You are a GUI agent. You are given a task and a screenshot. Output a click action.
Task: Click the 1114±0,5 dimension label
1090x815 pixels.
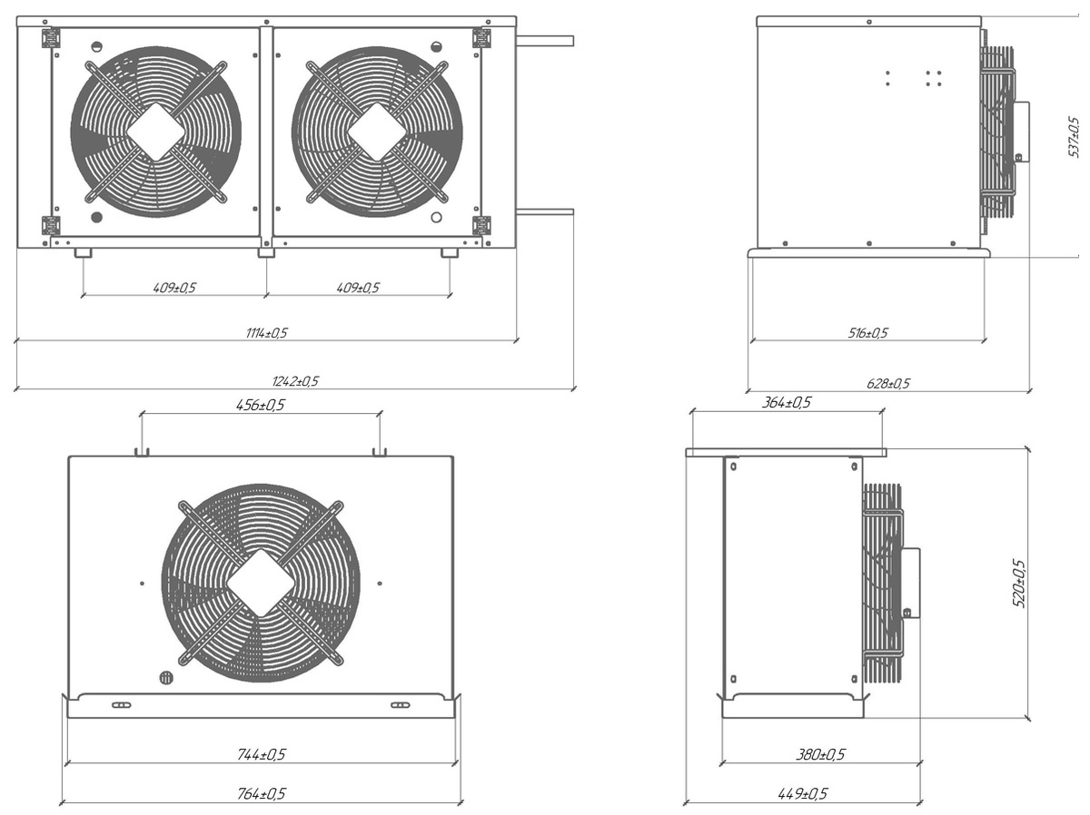coord(265,333)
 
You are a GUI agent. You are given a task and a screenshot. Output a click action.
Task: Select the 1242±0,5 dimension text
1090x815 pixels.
coord(297,381)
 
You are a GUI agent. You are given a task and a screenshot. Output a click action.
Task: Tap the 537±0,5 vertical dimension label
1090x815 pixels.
coord(1073,136)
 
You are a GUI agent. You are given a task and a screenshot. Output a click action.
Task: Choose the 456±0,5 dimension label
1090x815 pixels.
coord(260,405)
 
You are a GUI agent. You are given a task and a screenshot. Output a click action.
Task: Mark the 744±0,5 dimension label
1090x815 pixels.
coord(262,754)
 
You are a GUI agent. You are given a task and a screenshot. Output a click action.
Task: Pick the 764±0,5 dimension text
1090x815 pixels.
coord(262,794)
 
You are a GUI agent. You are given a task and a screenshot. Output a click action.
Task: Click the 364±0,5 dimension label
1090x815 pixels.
coord(787,402)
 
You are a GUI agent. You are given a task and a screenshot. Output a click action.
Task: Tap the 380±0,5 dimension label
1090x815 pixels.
coord(821,754)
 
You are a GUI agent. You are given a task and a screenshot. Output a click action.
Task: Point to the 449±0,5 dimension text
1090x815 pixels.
coord(803,794)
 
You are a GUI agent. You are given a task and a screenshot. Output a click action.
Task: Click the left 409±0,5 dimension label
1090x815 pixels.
coord(174,288)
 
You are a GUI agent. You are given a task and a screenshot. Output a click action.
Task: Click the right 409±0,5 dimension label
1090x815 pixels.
coord(358,288)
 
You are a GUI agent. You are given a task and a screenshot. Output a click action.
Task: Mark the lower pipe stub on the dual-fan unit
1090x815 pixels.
coord(545,211)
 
